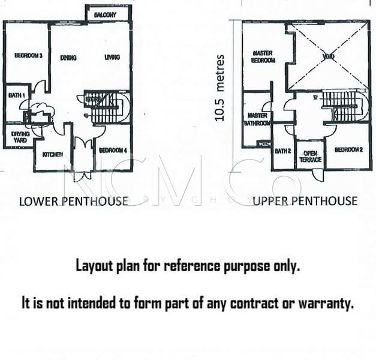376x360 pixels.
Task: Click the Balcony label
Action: coord(104,14)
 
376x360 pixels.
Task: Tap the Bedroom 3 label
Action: coord(28,56)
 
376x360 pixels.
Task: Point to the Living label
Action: coord(112,58)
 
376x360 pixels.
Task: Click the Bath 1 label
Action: coord(16,96)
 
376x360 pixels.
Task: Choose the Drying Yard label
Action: coord(20,137)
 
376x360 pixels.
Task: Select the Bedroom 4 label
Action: coord(113,150)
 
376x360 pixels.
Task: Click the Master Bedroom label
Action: coord(263,57)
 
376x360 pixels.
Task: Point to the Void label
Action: coord(327,57)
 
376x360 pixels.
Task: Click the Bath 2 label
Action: coord(282,151)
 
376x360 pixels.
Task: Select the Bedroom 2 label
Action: coord(348,150)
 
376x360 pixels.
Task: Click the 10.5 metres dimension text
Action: coord(220,88)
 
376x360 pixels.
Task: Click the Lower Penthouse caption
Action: coord(73,201)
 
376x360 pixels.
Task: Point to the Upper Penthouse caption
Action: coord(305,201)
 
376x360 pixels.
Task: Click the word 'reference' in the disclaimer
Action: coord(189,266)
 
